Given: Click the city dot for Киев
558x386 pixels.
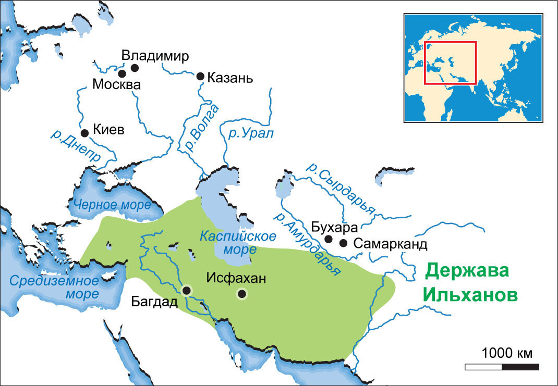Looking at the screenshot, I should tap(84, 133).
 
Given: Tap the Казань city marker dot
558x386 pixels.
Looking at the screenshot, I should tap(200, 76).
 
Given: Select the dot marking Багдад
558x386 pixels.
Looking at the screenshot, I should tap(187, 291).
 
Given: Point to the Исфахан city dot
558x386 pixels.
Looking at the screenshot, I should tap(241, 294).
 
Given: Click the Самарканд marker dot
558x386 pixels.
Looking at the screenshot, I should tap(343, 243).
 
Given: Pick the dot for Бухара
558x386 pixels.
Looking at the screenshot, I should tap(329, 239).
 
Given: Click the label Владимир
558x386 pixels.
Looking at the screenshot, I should tap(154, 56).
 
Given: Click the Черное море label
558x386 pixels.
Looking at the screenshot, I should tap(112, 204).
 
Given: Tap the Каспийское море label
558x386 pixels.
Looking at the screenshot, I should tap(237, 242).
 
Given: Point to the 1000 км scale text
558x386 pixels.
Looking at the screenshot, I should tap(507, 353).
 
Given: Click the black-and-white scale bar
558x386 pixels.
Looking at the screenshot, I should tap(502, 367).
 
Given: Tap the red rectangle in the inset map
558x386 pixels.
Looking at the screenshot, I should tap(450, 63).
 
